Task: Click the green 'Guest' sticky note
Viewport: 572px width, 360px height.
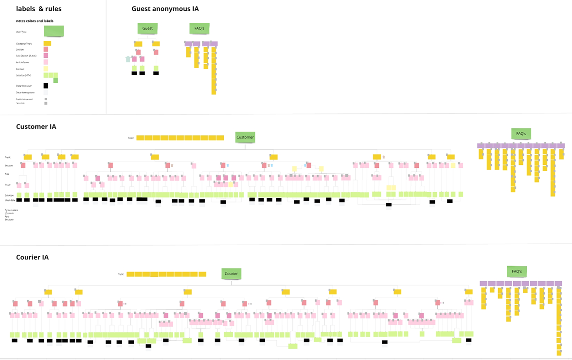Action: point(147,28)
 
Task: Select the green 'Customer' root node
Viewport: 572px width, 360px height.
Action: point(245,137)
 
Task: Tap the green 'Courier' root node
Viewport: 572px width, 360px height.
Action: point(231,273)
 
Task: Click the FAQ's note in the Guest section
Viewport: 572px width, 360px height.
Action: point(199,28)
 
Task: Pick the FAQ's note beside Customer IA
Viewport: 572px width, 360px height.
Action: point(521,133)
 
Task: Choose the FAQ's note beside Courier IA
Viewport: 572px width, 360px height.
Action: point(517,271)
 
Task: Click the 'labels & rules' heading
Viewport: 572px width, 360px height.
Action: point(39,9)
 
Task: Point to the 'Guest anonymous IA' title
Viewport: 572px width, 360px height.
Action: point(165,9)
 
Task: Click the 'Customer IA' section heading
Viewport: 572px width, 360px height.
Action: point(36,126)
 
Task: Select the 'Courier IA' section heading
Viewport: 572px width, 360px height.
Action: point(32,257)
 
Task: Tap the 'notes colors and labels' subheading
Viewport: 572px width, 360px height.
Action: point(35,21)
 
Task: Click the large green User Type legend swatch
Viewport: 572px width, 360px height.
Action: point(54,31)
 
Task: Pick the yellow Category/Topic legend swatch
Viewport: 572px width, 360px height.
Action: point(47,43)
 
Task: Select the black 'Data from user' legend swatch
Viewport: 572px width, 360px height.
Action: point(46,86)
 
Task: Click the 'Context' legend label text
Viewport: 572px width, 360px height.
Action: point(20,69)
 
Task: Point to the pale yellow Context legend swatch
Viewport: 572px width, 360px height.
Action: point(46,69)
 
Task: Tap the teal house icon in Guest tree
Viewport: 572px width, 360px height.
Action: point(128,59)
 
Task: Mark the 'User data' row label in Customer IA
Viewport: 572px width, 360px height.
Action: point(10,200)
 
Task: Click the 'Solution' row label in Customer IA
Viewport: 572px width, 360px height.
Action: point(9,195)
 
